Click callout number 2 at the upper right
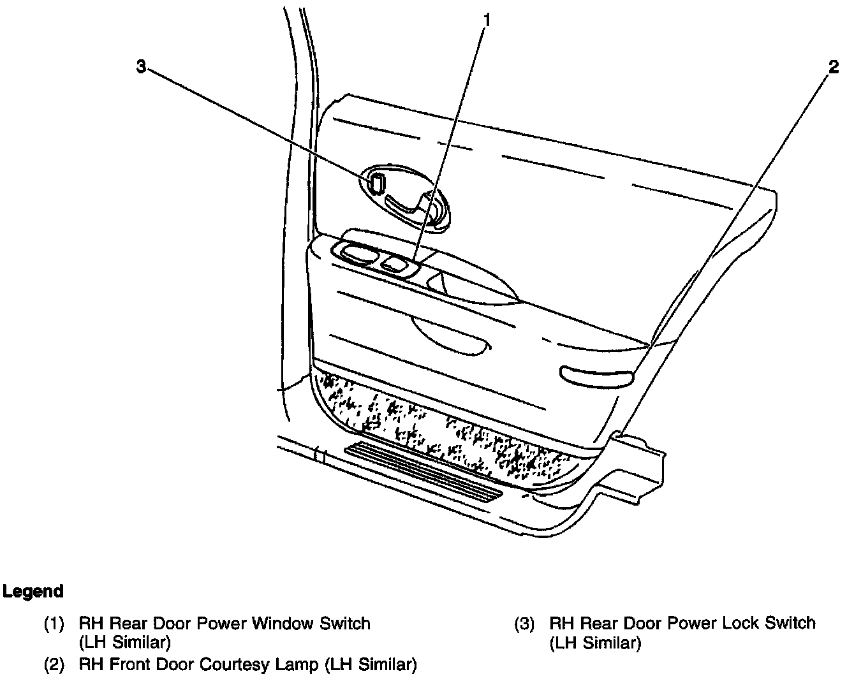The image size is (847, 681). [833, 67]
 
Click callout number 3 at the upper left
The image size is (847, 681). [142, 66]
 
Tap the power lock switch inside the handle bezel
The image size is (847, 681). [376, 183]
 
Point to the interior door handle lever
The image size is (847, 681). [408, 203]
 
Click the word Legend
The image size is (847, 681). [33, 591]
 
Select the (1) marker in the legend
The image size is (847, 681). [54, 623]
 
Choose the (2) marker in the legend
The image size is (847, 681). [54, 665]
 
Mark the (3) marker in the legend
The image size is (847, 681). [524, 623]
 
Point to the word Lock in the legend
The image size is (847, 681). [718, 623]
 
